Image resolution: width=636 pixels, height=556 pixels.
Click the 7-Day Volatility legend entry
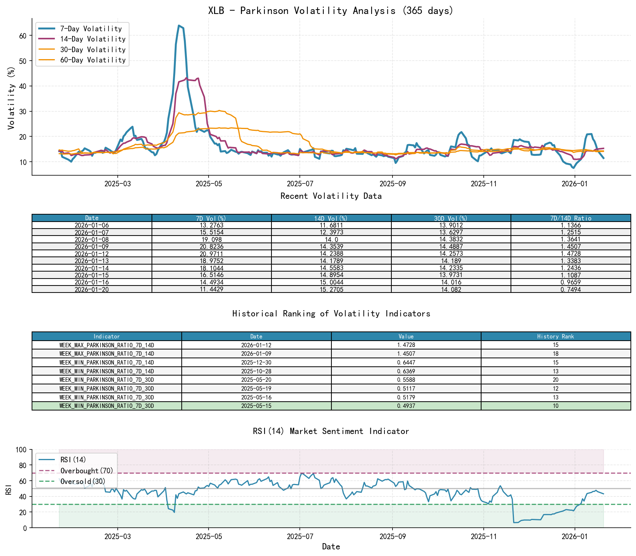pos(91,29)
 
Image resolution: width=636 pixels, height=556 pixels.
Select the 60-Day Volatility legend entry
pos(93,60)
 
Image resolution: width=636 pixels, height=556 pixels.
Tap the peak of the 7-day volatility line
pos(179,25)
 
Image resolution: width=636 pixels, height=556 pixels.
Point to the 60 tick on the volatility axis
pos(23,36)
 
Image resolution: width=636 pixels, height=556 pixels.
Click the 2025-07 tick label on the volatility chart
pos(299,184)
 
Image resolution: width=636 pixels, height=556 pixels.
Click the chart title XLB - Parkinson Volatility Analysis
pos(331,11)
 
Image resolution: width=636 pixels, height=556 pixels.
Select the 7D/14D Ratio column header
pos(571,218)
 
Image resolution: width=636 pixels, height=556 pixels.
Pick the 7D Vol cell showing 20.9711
pos(212,254)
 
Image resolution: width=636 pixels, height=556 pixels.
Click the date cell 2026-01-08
pos(92,240)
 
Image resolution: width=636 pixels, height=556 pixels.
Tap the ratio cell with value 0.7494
pos(571,290)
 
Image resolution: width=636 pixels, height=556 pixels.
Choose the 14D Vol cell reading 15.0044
pos(331,282)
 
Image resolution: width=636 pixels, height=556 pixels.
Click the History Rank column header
pos(555,336)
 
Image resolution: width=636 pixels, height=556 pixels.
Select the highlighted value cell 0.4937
pos(406,406)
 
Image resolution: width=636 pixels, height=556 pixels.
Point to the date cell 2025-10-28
pos(256,371)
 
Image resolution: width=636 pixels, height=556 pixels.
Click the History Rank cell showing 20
pos(555,380)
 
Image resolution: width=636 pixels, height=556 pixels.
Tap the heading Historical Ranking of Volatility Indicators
pos(331,314)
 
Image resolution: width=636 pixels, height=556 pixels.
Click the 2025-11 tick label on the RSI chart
pos(483,537)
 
